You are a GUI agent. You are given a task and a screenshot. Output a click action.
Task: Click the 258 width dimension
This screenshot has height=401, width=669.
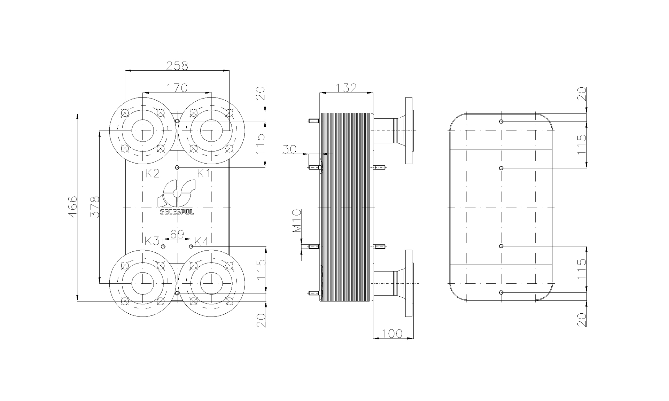click(x=177, y=66)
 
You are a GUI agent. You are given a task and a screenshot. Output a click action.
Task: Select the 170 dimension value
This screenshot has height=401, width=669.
click(x=177, y=88)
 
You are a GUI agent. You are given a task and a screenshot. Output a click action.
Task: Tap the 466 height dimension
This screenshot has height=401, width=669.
click(x=72, y=207)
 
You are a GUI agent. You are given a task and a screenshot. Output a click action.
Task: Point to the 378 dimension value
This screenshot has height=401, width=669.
click(x=95, y=207)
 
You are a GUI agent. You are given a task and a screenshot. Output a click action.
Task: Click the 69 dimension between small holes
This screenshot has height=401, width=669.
click(x=177, y=234)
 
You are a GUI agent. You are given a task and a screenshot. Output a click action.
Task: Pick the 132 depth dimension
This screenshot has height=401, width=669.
click(x=346, y=88)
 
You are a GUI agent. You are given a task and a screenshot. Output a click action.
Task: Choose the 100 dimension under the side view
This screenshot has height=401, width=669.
click(x=392, y=333)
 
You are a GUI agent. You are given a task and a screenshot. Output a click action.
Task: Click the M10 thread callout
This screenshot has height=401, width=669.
click(x=296, y=221)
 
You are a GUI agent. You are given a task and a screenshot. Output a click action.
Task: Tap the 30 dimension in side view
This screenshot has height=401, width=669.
click(x=289, y=149)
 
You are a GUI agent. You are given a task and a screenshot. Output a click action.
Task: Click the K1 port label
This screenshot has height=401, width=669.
click(x=204, y=173)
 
